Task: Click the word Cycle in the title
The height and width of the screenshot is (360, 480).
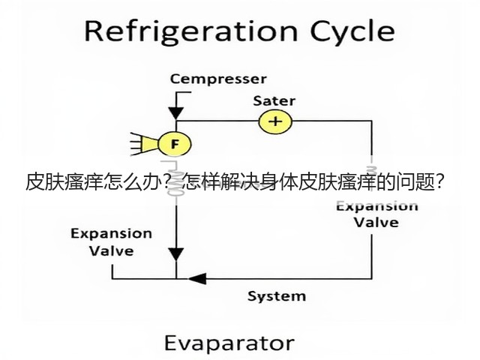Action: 352,32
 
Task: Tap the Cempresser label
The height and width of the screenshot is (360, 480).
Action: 218,79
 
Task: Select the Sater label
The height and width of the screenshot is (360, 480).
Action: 274,100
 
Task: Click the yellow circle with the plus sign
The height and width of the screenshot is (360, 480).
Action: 275,121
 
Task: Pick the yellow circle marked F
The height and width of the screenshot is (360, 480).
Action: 175,143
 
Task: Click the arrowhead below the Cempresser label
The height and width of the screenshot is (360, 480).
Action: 176,113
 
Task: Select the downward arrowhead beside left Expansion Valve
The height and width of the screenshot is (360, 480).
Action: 176,254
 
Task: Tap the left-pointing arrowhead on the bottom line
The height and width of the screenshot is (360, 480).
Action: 196,278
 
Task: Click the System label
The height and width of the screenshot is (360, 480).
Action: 277,296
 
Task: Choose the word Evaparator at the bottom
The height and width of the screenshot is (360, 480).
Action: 229,343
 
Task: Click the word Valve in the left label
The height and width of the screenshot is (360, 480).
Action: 112,251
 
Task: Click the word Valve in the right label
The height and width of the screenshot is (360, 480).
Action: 376,222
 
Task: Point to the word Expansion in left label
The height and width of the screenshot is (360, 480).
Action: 112,234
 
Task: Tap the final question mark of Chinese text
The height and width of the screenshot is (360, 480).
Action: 439,183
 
